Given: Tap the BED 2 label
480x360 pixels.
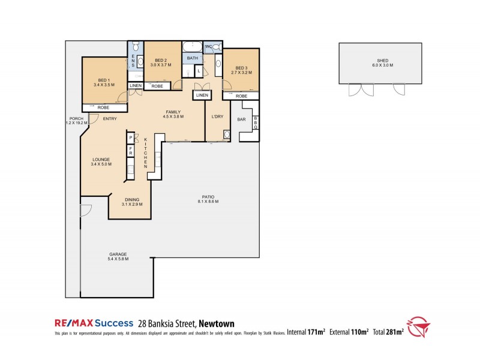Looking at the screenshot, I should click(x=160, y=61).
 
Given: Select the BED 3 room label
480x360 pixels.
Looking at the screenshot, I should click(x=241, y=68).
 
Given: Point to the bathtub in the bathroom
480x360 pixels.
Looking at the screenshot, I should click(x=193, y=46).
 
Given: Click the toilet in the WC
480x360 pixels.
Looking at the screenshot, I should click(x=217, y=47).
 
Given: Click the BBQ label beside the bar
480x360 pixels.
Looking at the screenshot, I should click(x=255, y=123).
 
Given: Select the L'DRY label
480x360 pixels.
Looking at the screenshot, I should click(x=217, y=116).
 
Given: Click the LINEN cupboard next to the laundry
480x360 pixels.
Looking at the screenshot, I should click(x=202, y=95).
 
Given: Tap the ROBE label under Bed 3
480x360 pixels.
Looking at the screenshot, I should click(x=241, y=96).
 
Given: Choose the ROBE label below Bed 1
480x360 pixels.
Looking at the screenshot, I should click(x=103, y=107).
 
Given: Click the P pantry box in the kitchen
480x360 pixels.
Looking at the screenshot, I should click(x=130, y=138).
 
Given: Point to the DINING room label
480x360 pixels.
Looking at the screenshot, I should click(x=132, y=200).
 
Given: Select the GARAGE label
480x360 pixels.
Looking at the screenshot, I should click(x=118, y=254).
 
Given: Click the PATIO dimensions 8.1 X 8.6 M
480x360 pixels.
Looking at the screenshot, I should click(x=208, y=202).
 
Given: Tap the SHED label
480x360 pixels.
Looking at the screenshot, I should click(x=382, y=61).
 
